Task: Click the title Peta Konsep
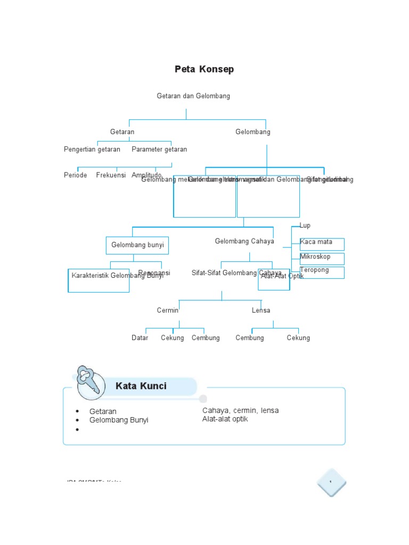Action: click(x=204, y=69)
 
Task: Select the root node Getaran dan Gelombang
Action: click(x=193, y=96)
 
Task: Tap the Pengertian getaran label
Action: click(x=92, y=150)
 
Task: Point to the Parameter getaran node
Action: click(x=159, y=150)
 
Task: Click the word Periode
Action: click(x=76, y=175)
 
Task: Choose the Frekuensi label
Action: click(x=110, y=175)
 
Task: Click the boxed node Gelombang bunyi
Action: click(x=137, y=245)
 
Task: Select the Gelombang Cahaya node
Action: click(x=244, y=241)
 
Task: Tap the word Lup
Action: click(x=305, y=226)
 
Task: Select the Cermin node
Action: click(x=168, y=310)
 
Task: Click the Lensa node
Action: click(x=261, y=310)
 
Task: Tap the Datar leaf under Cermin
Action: click(x=140, y=338)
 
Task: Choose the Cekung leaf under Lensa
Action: click(x=298, y=338)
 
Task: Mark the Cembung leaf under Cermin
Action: click(x=206, y=338)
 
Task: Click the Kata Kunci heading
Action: click(x=141, y=386)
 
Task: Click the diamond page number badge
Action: click(x=331, y=483)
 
